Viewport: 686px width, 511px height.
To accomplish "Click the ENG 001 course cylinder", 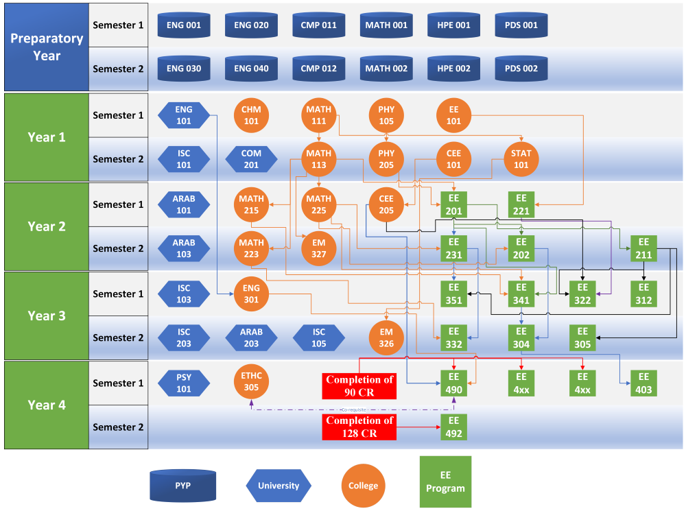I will [184, 25].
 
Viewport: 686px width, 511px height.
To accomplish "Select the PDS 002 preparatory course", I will [521, 69].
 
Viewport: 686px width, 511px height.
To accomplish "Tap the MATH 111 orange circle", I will [319, 115].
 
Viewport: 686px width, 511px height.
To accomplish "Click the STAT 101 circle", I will [521, 159].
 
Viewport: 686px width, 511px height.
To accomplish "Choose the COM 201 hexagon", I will [251, 159].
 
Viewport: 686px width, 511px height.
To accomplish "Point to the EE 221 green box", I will [521, 204].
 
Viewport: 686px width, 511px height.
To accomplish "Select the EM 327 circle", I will [319, 248].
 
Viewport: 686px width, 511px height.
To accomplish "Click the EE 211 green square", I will [643, 248].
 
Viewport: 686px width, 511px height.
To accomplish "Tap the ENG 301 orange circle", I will [251, 294].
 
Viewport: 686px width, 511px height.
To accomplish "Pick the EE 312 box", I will [643, 294].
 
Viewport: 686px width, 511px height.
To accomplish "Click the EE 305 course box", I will [582, 337].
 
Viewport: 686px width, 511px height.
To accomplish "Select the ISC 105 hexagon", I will [319, 337].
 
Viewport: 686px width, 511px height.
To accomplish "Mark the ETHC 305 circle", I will [251, 383].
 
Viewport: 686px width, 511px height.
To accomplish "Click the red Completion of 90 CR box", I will [360, 385].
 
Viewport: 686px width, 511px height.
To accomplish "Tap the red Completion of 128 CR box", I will [360, 427].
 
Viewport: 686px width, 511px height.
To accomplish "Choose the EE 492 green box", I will [453, 427].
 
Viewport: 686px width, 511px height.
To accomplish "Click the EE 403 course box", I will [643, 383].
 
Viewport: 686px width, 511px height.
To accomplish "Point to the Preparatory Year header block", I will [47, 47].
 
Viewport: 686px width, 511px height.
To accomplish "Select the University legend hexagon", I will [279, 486].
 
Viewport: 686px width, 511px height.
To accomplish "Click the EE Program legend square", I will [445, 482].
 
